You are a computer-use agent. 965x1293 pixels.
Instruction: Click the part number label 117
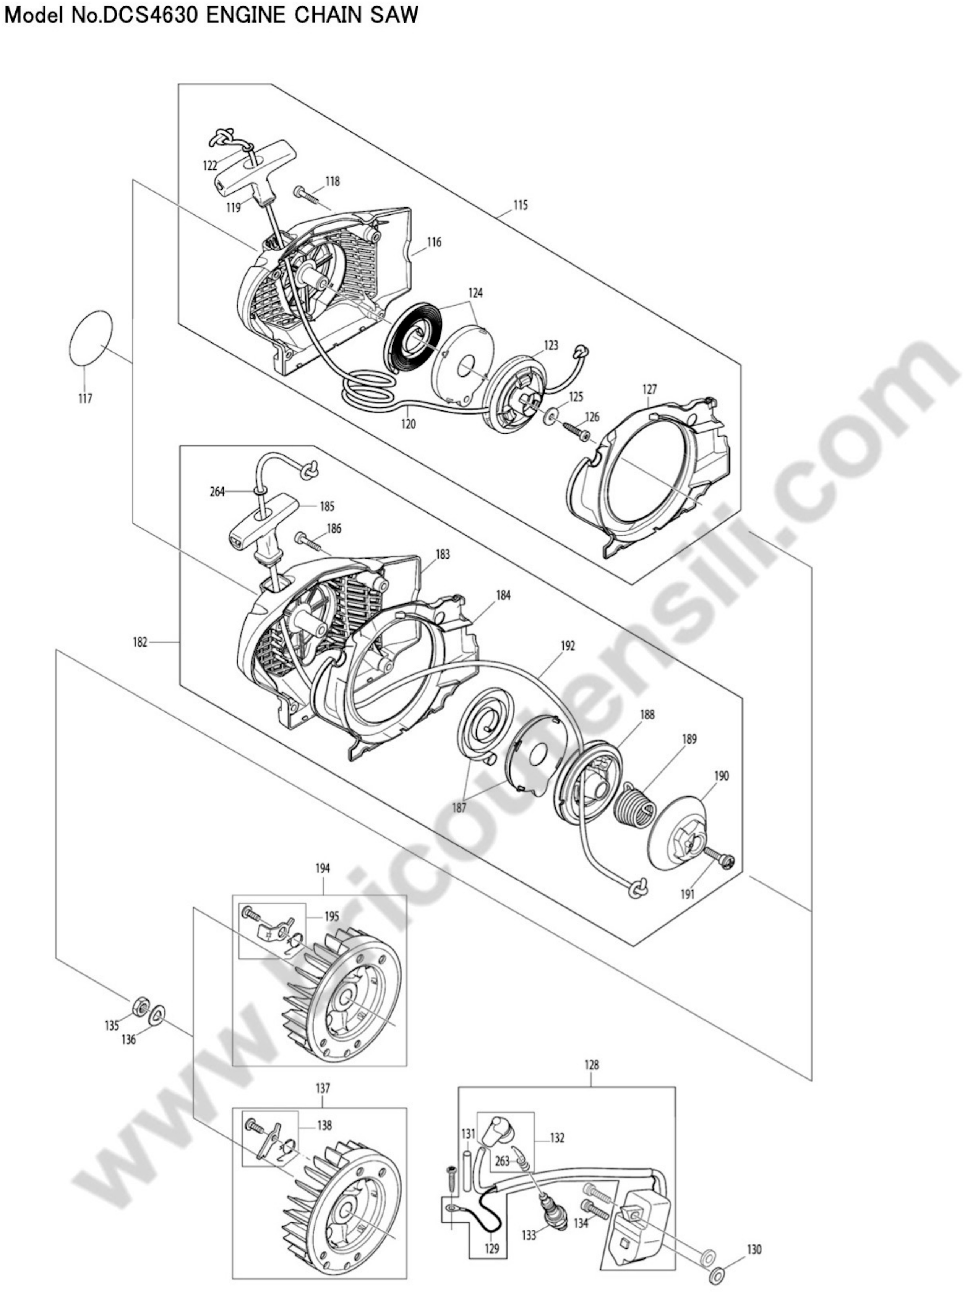(x=85, y=399)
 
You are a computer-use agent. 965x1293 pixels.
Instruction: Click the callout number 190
(x=722, y=776)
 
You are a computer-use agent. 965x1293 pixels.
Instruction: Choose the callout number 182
(x=140, y=642)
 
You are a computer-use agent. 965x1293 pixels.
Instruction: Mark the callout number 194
(x=323, y=885)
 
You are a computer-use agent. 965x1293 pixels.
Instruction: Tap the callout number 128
(x=591, y=1065)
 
